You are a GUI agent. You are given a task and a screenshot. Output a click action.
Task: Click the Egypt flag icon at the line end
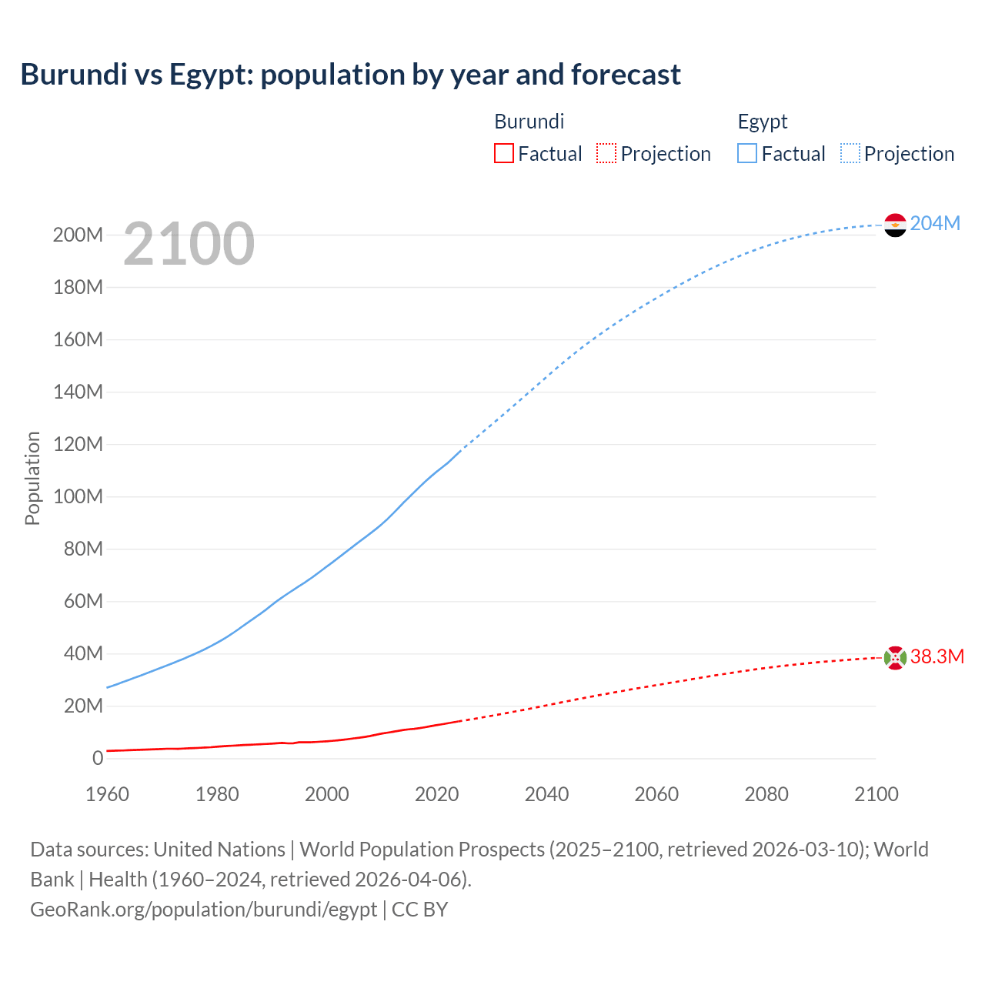pyautogui.click(x=895, y=225)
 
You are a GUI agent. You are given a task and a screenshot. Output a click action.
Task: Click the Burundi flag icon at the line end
pyautogui.click(x=895, y=658)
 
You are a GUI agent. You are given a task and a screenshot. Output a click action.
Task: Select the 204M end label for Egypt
pyautogui.click(x=935, y=223)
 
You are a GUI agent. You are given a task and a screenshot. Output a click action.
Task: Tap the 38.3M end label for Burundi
pyautogui.click(x=937, y=656)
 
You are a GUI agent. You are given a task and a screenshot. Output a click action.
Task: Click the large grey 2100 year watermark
pyautogui.click(x=189, y=243)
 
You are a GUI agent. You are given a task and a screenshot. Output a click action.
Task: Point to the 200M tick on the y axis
pyautogui.click(x=78, y=235)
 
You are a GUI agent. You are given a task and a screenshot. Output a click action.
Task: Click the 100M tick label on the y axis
pyautogui.click(x=78, y=497)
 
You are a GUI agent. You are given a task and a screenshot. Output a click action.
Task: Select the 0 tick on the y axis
pyautogui.click(x=98, y=759)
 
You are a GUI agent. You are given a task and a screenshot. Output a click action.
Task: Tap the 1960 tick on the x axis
pyautogui.click(x=107, y=794)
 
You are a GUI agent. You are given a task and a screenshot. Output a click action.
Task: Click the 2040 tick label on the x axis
pyautogui.click(x=546, y=794)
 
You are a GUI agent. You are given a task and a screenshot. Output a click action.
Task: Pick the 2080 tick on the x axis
pyautogui.click(x=766, y=794)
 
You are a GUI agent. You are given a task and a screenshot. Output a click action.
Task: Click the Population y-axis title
pyautogui.click(x=32, y=478)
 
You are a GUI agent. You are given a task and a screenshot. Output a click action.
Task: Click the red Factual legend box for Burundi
pyautogui.click(x=503, y=154)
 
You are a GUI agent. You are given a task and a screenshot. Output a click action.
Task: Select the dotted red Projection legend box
pyautogui.click(x=606, y=154)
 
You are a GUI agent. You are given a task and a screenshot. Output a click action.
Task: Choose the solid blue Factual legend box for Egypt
pyautogui.click(x=747, y=154)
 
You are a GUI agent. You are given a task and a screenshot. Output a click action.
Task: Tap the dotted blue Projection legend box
pyautogui.click(x=850, y=154)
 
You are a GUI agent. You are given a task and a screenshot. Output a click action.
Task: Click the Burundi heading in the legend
pyautogui.click(x=529, y=122)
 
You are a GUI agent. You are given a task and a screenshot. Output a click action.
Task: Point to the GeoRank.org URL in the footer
pyautogui.click(x=204, y=910)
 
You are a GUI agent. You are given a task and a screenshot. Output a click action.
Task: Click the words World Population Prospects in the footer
pyautogui.click(x=422, y=850)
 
